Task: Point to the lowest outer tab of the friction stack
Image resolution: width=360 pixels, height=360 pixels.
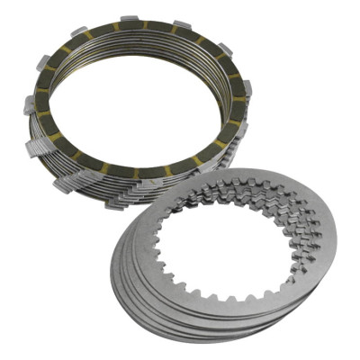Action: [x=115, y=203]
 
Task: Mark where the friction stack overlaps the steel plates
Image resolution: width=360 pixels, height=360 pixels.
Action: [x=193, y=184]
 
